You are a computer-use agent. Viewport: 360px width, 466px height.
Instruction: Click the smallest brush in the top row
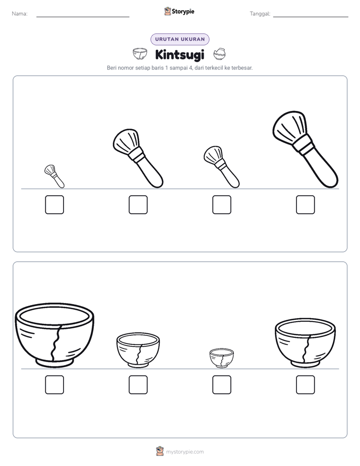point(54,176)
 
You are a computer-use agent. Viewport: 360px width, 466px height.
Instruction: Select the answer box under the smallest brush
point(54,205)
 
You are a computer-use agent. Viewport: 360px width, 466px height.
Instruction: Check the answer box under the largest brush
point(306,205)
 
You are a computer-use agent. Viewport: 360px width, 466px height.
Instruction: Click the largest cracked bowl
point(54,335)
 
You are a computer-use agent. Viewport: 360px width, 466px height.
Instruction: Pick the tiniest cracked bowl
point(221,358)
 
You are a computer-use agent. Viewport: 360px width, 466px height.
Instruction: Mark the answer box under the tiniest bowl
point(221,385)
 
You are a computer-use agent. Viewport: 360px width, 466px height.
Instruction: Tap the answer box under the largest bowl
point(54,385)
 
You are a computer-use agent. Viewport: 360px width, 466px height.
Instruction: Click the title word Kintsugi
point(179,55)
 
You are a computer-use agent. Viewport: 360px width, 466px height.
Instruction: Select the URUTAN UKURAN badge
point(180,39)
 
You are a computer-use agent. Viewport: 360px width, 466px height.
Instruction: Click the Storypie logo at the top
point(179,11)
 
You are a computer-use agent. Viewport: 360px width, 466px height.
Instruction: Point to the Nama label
point(20,14)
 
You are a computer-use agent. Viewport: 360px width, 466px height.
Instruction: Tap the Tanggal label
point(260,14)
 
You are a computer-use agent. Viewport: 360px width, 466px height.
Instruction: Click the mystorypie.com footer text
point(185,452)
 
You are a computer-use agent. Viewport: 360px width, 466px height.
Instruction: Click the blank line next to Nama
point(83,17)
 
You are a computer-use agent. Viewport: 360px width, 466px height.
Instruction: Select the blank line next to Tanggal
point(311,17)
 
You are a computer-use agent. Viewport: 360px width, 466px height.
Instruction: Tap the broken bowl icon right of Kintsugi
point(219,54)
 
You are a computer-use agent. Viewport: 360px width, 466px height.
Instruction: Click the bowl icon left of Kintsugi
point(140,54)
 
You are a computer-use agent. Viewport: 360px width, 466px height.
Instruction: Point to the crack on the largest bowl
point(56,343)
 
